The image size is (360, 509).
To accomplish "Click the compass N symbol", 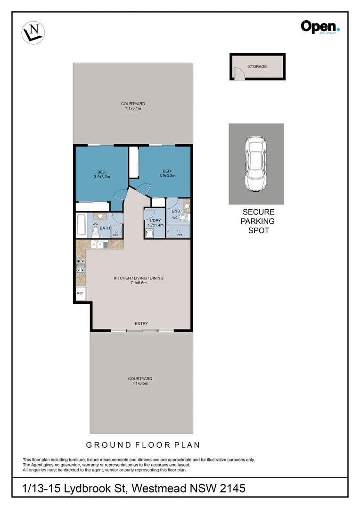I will (33, 33).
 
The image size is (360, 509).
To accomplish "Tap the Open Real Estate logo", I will (320, 27).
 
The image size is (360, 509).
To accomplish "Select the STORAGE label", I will (257, 67).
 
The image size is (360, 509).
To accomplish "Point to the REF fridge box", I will (80, 293).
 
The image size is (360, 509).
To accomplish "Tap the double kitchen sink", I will (99, 244).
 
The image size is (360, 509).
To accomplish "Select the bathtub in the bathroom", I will (81, 225).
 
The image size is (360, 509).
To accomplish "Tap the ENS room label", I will (175, 212).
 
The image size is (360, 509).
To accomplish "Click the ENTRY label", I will (141, 323).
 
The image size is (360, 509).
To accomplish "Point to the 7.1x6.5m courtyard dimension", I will (140, 384).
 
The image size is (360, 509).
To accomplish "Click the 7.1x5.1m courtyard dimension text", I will (133, 109).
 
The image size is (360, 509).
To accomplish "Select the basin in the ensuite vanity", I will (186, 205).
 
